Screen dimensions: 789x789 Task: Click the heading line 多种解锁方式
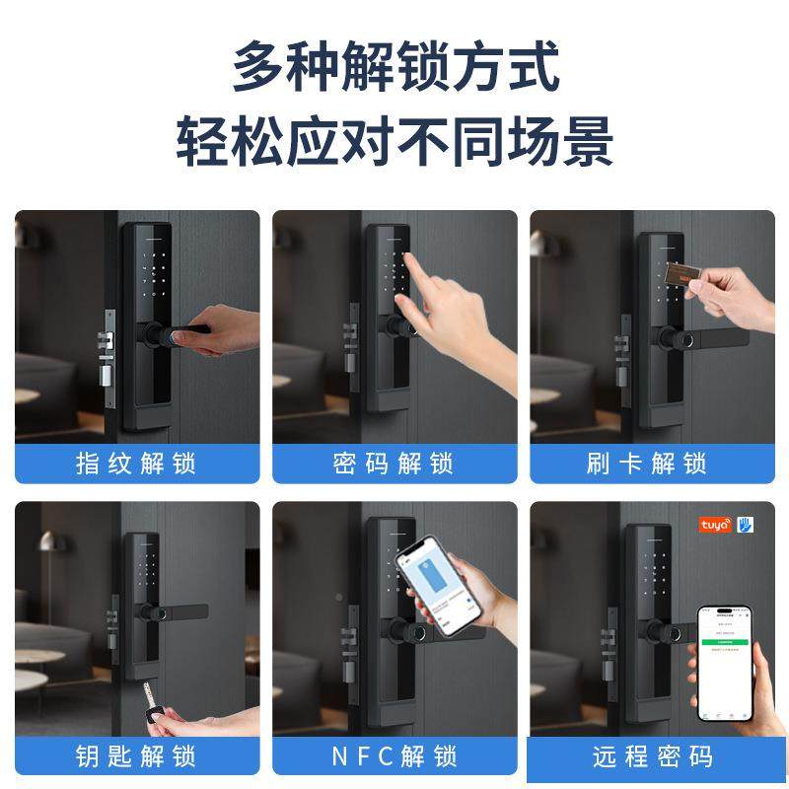[x=394, y=66]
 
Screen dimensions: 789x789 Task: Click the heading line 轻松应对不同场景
[x=394, y=141]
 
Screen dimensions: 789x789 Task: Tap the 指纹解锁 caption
[x=137, y=464]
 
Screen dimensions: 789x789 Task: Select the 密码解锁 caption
[x=394, y=464]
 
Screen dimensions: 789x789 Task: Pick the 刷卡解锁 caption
[x=652, y=464]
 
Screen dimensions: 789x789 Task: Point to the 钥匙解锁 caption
[x=137, y=756]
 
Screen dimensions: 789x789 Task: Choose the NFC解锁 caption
[x=394, y=756]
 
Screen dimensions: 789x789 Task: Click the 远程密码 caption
[x=652, y=756]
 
